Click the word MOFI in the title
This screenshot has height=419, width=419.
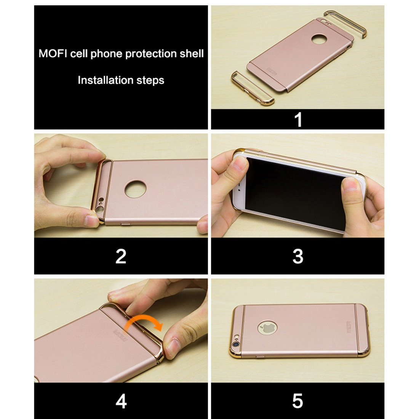coord(53,53)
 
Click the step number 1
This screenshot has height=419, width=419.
coord(298,120)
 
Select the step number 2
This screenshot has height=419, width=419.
coord(121,256)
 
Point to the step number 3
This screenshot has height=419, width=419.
coord(298,256)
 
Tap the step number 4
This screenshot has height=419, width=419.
coord(121,401)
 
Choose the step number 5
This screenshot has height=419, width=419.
coord(298,401)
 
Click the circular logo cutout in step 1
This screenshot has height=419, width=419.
coord(319,40)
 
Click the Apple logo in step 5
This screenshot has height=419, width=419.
coord(267,328)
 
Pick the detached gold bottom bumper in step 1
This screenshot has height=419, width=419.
coord(251,88)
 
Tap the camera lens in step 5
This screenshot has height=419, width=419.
coord(236,344)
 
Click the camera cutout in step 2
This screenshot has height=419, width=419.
coord(100,205)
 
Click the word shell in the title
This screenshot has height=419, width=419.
coord(192,53)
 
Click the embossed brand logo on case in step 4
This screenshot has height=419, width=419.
coord(120,337)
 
